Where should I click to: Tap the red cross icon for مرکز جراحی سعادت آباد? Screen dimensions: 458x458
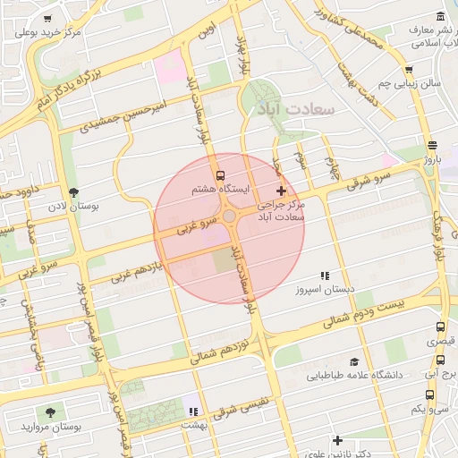[282, 191]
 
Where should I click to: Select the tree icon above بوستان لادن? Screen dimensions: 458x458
[73, 192]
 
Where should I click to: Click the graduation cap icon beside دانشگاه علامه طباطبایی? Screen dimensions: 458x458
[354, 362]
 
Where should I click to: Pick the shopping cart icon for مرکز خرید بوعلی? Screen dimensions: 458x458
[47, 18]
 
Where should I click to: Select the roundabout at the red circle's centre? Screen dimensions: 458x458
[230, 217]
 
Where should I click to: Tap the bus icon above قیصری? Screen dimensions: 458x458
[439, 328]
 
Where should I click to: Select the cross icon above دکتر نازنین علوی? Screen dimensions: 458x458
[337, 440]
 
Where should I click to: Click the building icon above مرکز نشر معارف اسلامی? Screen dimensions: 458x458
[440, 18]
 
